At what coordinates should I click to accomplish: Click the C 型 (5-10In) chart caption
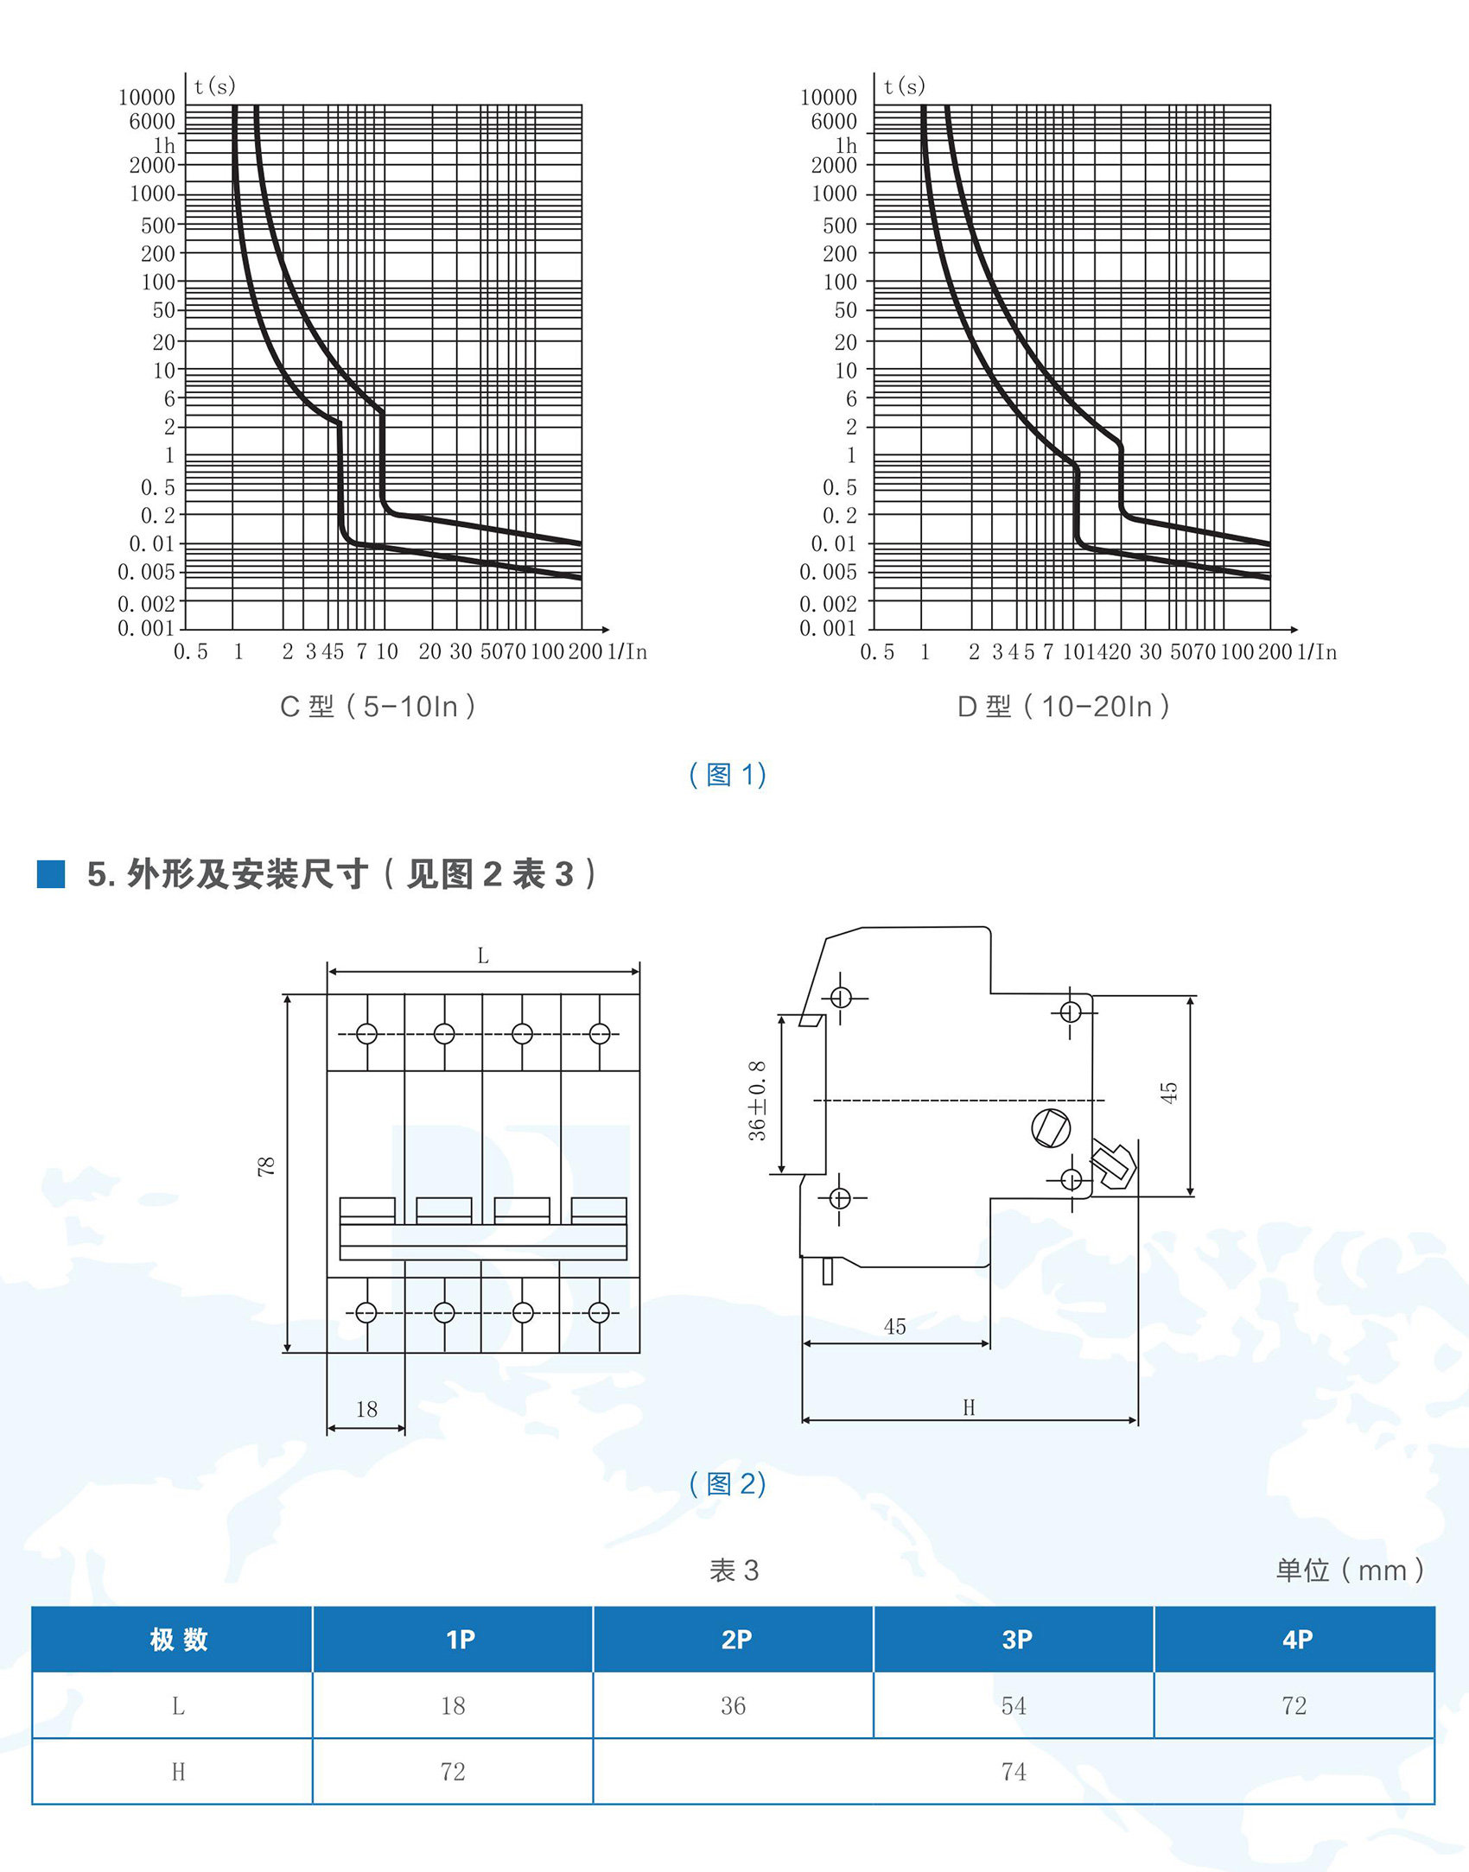(378, 707)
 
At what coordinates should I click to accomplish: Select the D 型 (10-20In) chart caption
(1064, 707)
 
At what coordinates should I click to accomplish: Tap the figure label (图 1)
(728, 774)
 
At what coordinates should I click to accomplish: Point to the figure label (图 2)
(728, 1483)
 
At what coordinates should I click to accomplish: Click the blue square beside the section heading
(51, 873)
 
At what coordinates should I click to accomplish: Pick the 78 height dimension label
(266, 1166)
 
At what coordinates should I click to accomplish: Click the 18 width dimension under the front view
(366, 1409)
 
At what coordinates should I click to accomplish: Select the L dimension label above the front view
(483, 955)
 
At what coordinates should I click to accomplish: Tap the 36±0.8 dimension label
(757, 1101)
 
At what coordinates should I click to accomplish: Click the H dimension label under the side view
(969, 1407)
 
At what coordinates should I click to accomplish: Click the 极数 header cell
(179, 1639)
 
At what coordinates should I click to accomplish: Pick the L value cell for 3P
(1014, 1705)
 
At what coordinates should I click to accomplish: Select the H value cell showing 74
(1014, 1772)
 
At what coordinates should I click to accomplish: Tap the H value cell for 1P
(453, 1772)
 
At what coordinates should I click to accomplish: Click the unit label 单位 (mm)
(1350, 1570)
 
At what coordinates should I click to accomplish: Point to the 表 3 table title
(734, 1570)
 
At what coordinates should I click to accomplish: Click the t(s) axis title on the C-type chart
(214, 86)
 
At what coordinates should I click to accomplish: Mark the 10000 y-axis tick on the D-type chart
(828, 98)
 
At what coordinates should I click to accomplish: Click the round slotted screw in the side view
(1052, 1127)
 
